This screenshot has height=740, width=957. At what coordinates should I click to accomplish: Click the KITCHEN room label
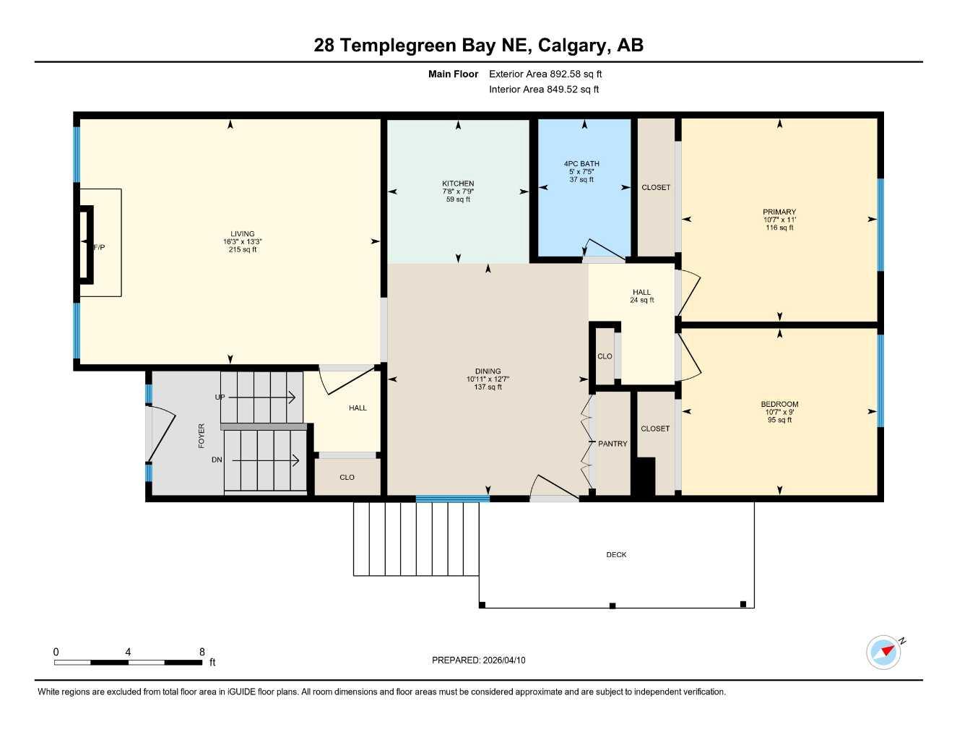click(458, 184)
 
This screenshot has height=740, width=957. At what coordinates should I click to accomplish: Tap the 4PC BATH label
click(581, 164)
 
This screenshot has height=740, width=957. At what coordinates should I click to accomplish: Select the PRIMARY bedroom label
click(779, 212)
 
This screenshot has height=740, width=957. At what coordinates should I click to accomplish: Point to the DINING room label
click(488, 371)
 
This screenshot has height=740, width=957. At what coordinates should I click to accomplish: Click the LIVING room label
click(243, 234)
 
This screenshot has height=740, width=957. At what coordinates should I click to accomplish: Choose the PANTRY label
click(612, 444)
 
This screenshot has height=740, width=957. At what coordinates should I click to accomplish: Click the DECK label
click(616, 555)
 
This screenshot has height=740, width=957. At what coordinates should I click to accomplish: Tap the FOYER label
click(202, 436)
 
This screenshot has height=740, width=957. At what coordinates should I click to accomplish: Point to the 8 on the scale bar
click(202, 652)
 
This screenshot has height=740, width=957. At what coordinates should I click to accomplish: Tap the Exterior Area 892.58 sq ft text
click(545, 74)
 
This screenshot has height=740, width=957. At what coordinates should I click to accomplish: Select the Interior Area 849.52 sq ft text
click(544, 90)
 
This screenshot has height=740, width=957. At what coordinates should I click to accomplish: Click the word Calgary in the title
click(574, 46)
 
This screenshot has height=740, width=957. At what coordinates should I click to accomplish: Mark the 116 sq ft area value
click(779, 228)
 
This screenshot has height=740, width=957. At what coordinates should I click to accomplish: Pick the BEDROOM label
click(779, 405)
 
